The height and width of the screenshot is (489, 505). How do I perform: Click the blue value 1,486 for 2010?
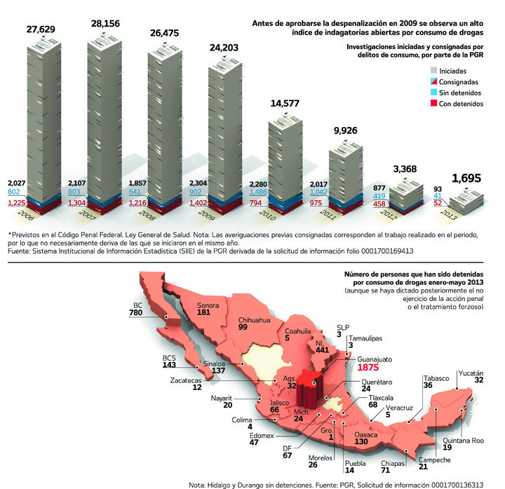[x=261, y=192]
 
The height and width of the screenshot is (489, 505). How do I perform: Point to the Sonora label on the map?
[x=208, y=304]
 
